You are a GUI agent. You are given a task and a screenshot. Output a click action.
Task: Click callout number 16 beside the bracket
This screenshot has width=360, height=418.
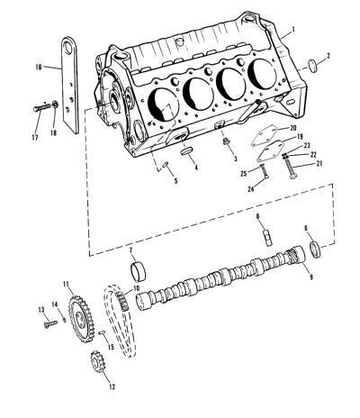click(39, 67)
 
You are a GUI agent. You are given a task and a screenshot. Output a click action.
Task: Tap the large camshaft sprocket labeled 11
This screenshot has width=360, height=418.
click(81, 319)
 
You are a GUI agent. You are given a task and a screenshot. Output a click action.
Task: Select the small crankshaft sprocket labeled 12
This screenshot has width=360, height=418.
click(97, 361)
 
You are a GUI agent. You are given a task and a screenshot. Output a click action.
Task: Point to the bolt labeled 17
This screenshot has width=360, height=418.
click(41, 107)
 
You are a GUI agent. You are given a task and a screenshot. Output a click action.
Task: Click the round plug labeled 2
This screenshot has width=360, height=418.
click(313, 66)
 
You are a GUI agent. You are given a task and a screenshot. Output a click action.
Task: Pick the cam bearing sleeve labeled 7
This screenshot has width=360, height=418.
click(139, 270)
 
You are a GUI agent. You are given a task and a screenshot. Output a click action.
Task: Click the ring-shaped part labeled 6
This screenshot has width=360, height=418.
click(315, 250)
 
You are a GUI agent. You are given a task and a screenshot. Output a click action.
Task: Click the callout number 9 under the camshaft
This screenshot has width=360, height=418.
click(311, 277)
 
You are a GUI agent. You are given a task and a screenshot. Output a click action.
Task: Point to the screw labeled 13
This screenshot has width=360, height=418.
click(50, 323)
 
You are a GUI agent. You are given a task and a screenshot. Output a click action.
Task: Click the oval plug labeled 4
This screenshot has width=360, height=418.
click(187, 151)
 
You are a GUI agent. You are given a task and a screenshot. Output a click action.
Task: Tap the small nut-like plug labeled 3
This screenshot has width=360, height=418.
click(227, 141)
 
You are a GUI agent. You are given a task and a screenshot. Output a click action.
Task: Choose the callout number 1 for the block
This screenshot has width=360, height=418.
click(293, 30)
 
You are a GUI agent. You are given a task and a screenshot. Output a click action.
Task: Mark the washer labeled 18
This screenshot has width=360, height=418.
click(55, 104)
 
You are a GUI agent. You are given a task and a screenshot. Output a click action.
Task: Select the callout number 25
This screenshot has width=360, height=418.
click(244, 173)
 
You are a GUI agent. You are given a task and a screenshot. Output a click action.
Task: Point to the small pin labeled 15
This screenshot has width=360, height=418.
click(102, 332)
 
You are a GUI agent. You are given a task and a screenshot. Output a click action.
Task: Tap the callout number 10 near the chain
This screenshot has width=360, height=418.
click(136, 288)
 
